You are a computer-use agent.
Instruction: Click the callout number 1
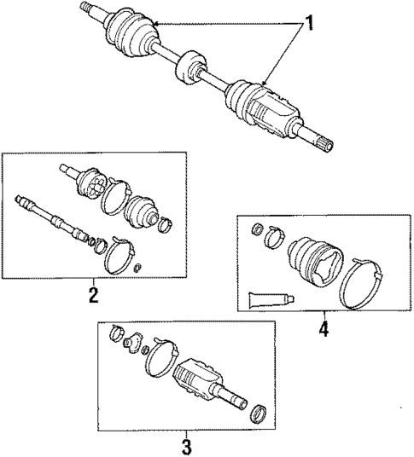(310, 23)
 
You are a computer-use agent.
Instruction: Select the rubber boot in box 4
(315, 259)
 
